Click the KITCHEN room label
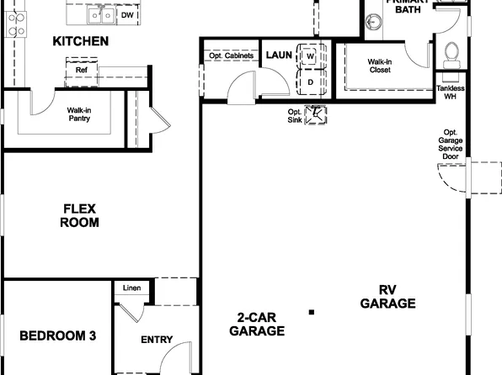point(80,40)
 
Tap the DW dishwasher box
point(128,15)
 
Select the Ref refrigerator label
point(82,70)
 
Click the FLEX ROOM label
point(80,216)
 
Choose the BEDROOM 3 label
point(57,335)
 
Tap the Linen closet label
point(131,289)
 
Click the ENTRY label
point(157,340)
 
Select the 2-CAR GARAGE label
point(260,324)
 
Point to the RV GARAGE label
point(387,297)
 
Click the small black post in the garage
point(312,312)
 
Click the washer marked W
point(310,56)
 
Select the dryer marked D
point(310,82)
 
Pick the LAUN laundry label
point(279,55)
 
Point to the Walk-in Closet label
point(380,66)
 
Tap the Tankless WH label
point(451,92)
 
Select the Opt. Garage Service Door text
point(451,145)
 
